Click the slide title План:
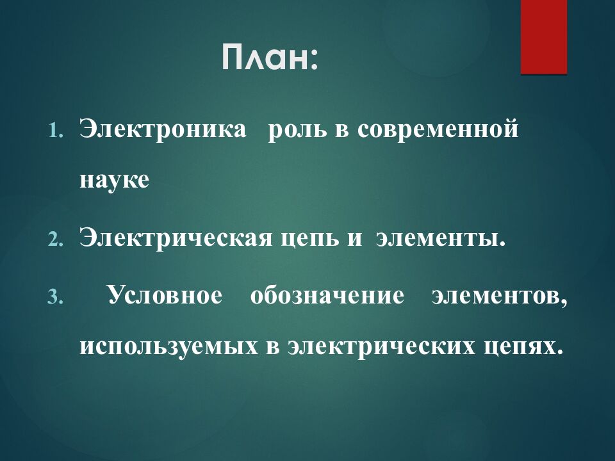pyautogui.click(x=270, y=57)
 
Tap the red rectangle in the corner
pyautogui.click(x=544, y=37)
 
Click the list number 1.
pyautogui.click(x=55, y=130)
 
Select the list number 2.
pyautogui.click(x=55, y=239)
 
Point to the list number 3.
pyautogui.click(x=55, y=297)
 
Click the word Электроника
pyautogui.click(x=163, y=129)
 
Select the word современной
pyautogui.click(x=438, y=129)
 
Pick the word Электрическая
pyautogui.click(x=176, y=238)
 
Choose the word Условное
pyautogui.click(x=165, y=295)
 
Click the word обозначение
pyautogui.click(x=327, y=295)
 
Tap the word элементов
pyautogui.click(x=500, y=296)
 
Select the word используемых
pyautogui.click(x=169, y=346)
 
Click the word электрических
pyautogui.click(x=381, y=346)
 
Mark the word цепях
pyautogui.click(x=520, y=347)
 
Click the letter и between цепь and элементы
pyautogui.click(x=355, y=239)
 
